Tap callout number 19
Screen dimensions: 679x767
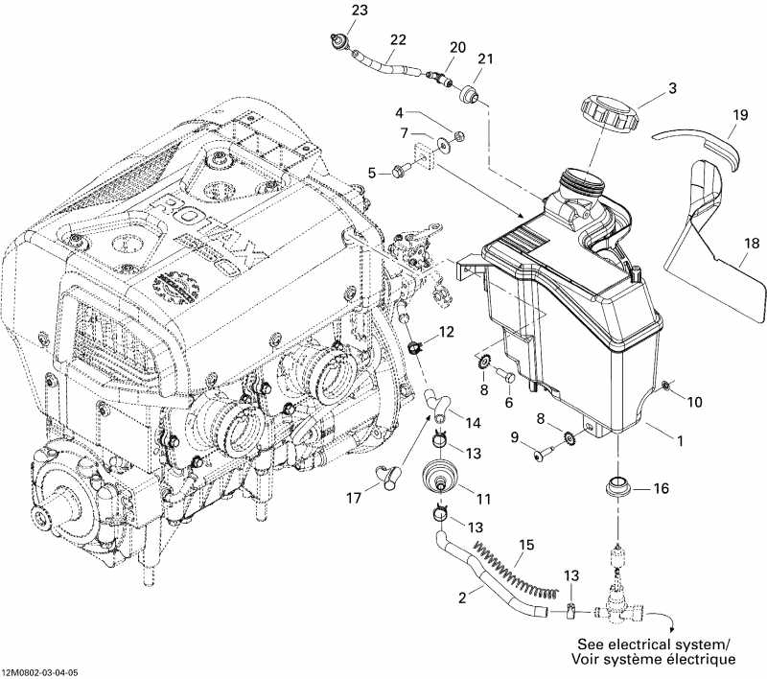(x=738, y=115)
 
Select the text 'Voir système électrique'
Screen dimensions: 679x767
(x=653, y=660)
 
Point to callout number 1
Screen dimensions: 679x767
(x=680, y=442)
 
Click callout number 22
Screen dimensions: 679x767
(x=396, y=39)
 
